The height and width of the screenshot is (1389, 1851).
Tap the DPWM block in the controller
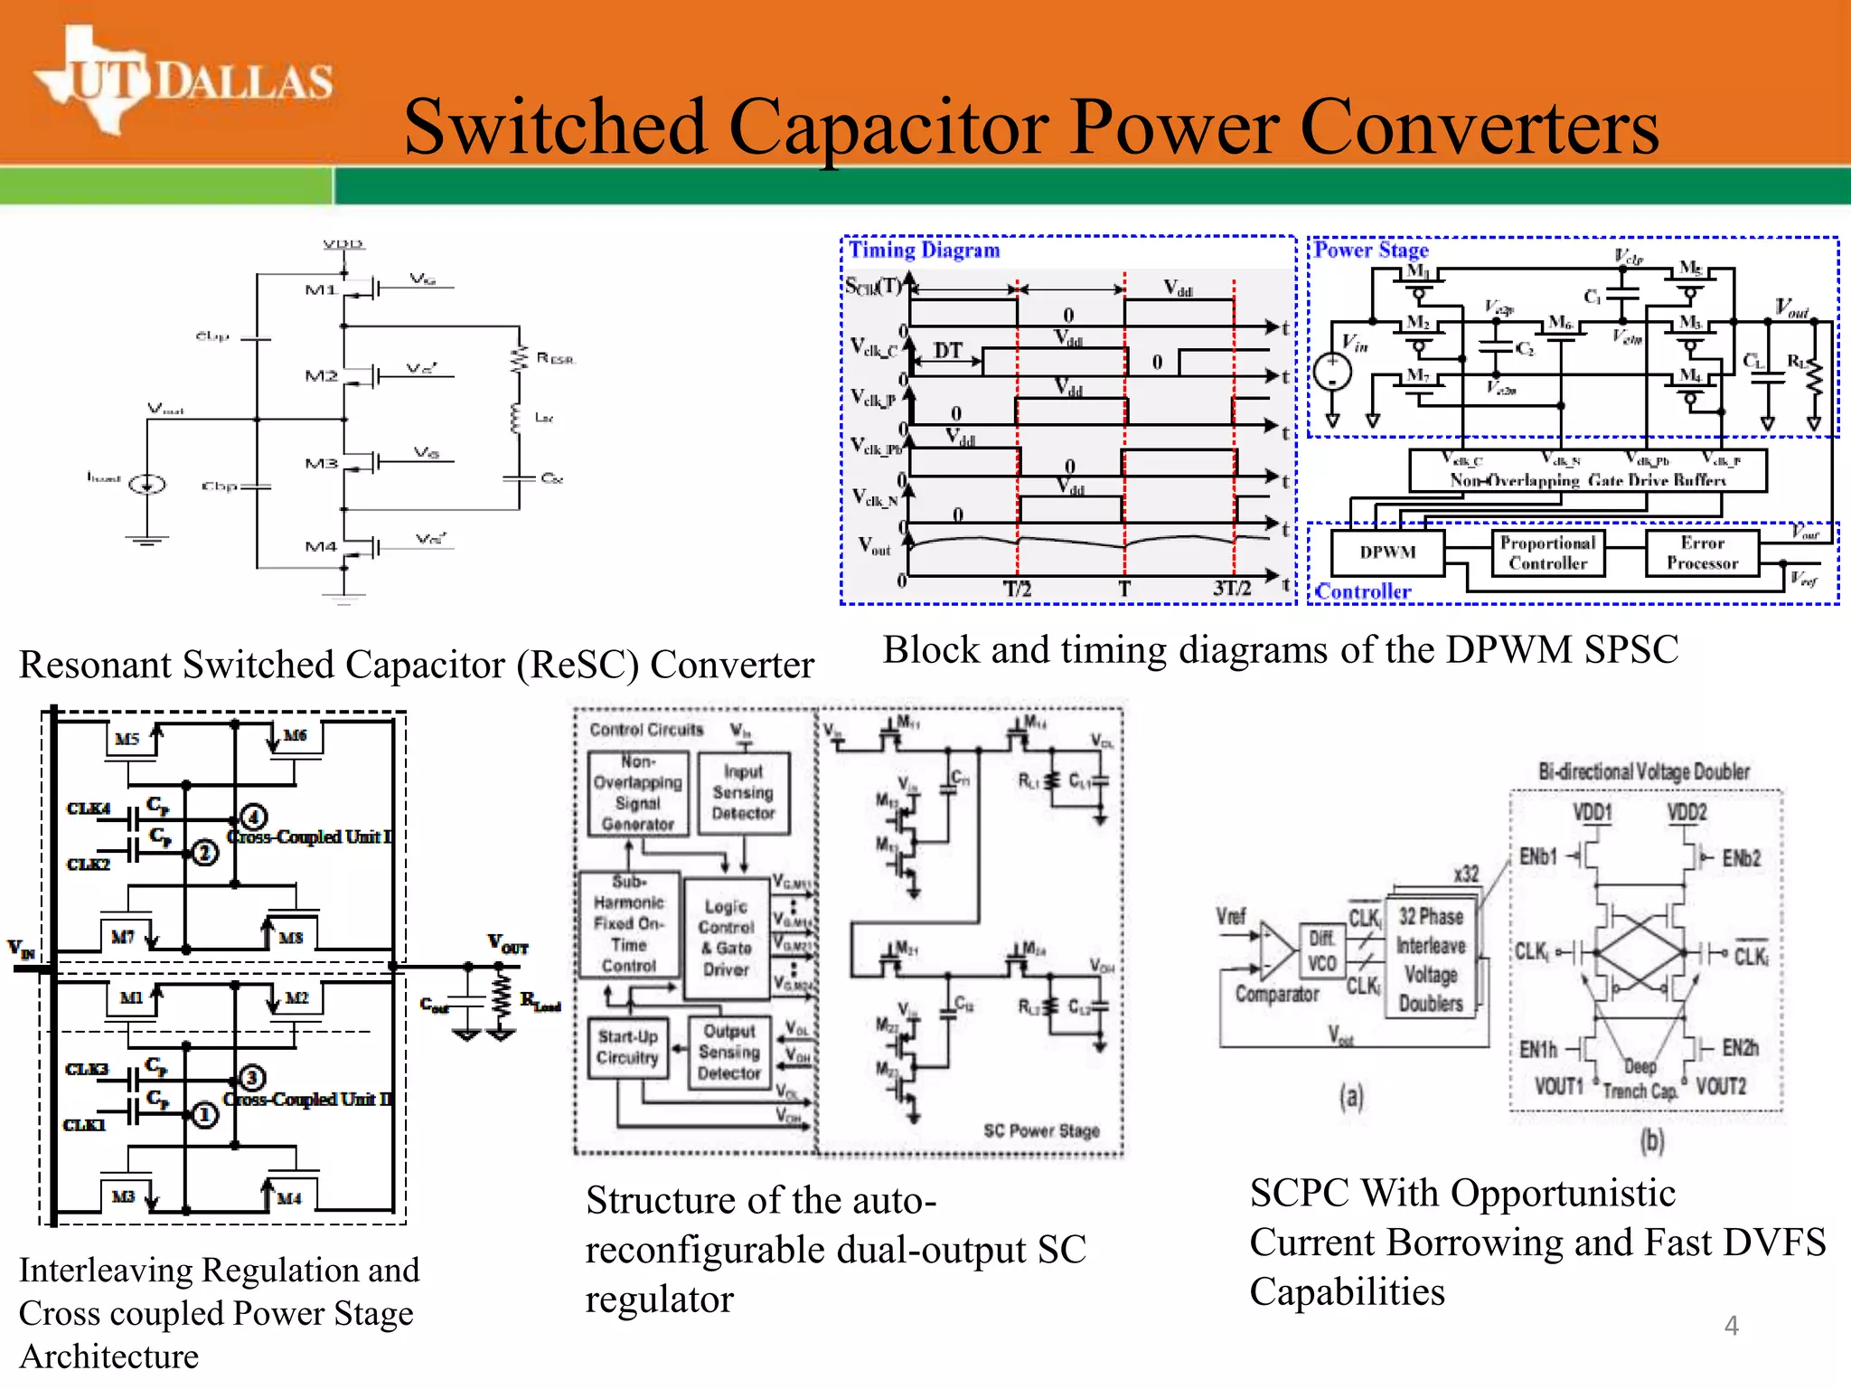point(1387,553)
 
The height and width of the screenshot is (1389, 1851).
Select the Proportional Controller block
point(1547,553)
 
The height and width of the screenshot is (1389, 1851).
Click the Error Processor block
point(1702,553)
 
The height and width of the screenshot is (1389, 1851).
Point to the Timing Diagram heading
point(924,250)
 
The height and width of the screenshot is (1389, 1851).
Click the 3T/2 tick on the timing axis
point(1232,589)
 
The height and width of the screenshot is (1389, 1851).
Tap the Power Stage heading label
point(1371,250)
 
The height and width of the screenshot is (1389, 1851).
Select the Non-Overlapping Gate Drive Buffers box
point(1587,472)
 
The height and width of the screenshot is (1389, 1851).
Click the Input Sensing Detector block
point(743,793)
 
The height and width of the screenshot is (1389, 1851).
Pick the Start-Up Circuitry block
point(628,1047)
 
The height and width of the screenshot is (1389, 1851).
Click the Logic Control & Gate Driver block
point(727,938)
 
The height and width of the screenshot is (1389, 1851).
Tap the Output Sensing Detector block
point(729,1053)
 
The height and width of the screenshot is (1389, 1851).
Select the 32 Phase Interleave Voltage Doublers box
point(1431,959)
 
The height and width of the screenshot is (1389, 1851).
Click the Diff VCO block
point(1321,951)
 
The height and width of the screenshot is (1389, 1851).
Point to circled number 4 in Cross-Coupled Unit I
point(254,817)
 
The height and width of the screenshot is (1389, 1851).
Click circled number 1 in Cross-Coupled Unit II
point(204,1115)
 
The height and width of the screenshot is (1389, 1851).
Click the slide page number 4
point(1731,1326)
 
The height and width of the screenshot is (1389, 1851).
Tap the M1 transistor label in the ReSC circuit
point(321,290)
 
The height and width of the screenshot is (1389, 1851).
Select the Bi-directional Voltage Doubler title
point(1644,771)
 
